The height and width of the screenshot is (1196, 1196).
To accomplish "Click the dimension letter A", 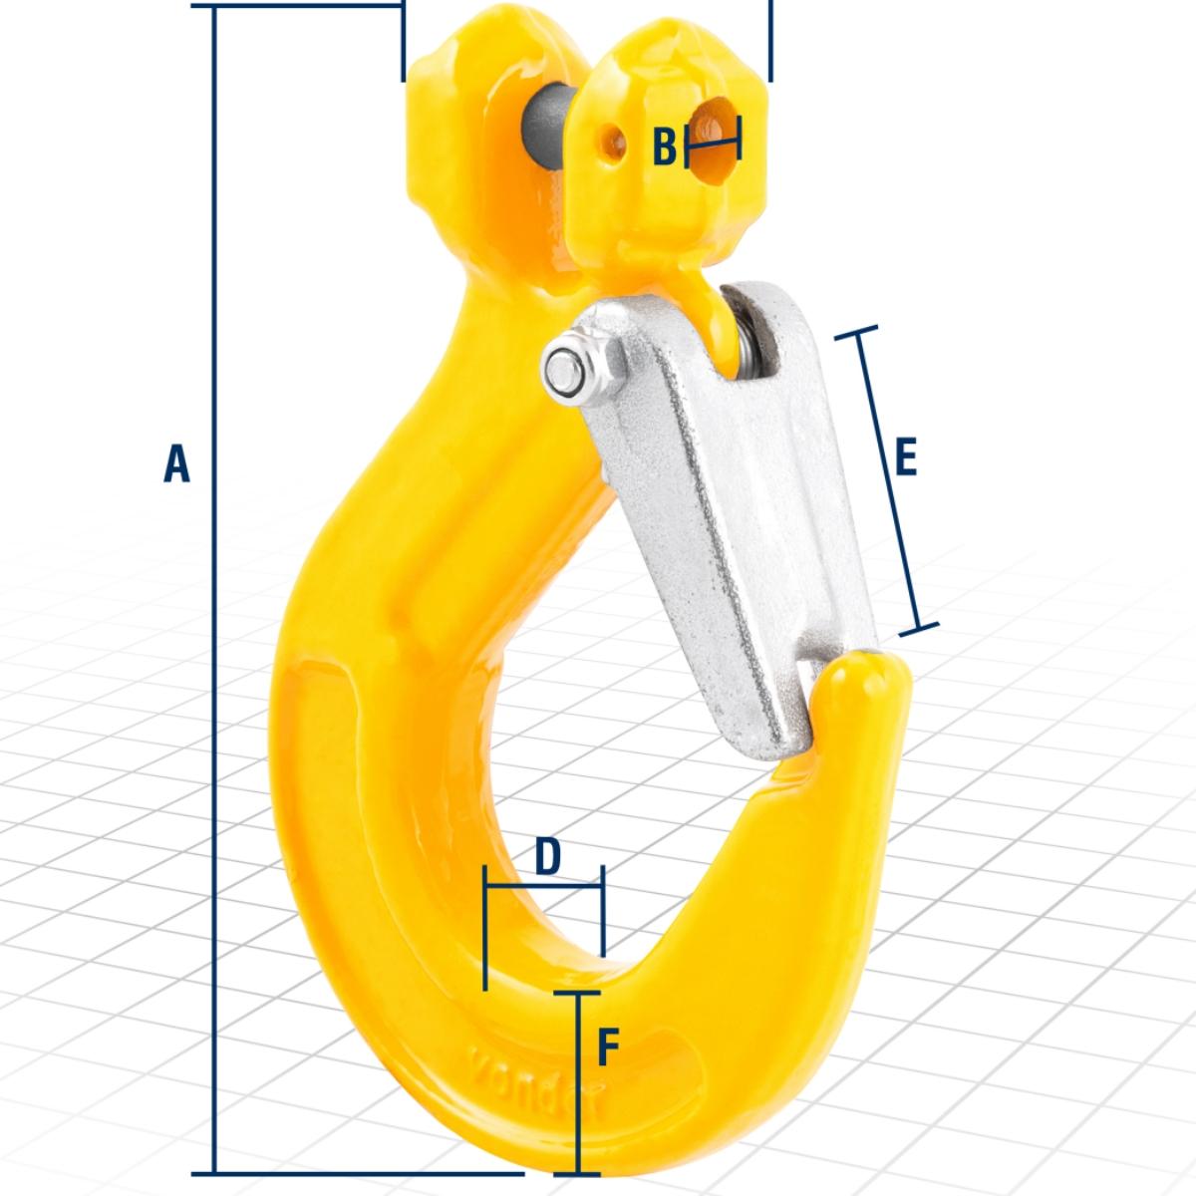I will pyautogui.click(x=176, y=464).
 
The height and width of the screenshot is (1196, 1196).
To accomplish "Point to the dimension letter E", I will pyautogui.click(x=905, y=457).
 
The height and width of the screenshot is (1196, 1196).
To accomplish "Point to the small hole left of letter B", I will pyautogui.click(x=609, y=144).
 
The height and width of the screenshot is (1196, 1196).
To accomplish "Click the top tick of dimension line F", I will pyautogui.click(x=578, y=993).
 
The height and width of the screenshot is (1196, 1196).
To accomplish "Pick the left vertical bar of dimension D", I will pyautogui.click(x=484, y=927).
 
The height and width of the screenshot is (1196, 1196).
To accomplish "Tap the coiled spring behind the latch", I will pyautogui.click(x=749, y=344).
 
